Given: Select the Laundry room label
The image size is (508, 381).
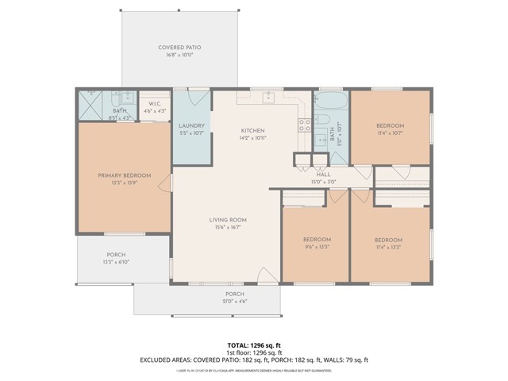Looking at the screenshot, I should click(192, 125).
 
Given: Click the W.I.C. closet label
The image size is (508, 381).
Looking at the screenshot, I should click(155, 104).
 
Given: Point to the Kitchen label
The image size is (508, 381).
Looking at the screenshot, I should click(253, 130).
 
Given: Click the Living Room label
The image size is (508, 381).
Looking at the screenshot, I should click(228, 220).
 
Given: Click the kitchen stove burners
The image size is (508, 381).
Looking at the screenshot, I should click(303, 124).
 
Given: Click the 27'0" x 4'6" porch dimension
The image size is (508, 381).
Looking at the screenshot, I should click(234, 301).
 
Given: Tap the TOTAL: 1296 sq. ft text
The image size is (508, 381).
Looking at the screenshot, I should click(253, 345).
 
